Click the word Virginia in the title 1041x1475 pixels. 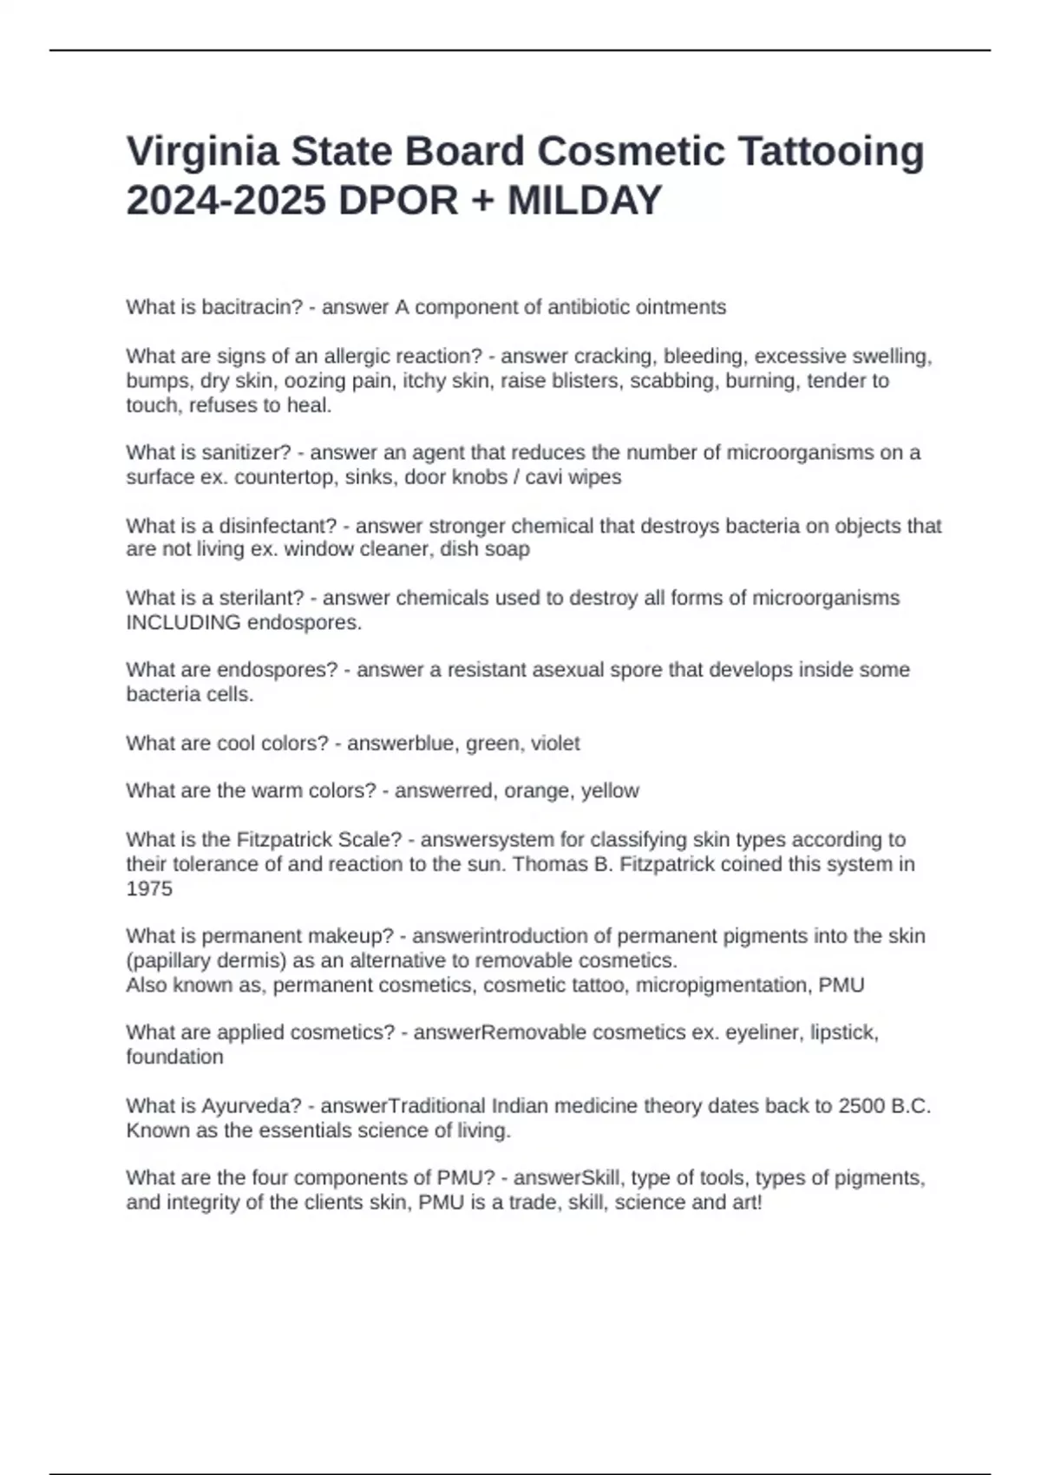(201, 153)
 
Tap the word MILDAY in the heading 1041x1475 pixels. (585, 201)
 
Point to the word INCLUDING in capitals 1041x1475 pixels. (183, 622)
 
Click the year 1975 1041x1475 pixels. (149, 888)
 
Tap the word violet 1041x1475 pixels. (555, 744)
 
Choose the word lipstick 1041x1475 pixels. (843, 1032)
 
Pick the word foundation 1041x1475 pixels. (174, 1057)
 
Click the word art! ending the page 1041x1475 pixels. (747, 1203)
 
